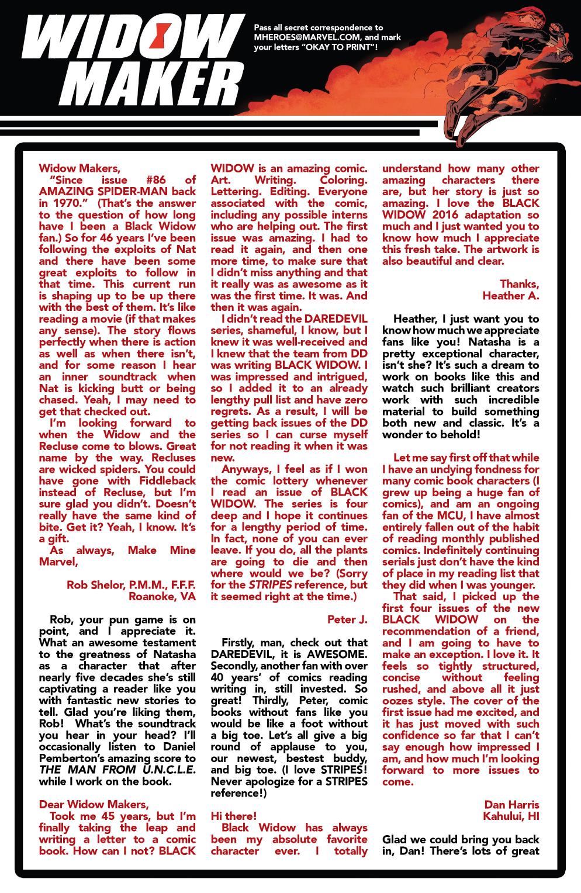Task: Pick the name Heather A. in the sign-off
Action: pos(510,296)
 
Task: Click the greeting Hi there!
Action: pos(233,816)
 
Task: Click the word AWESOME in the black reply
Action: pos(334,654)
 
